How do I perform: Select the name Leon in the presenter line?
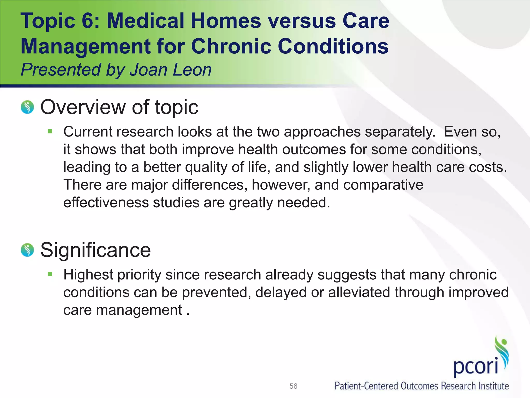coord(192,70)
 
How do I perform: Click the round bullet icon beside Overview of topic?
coord(27,107)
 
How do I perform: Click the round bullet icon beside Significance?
coord(27,250)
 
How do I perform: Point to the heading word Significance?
coord(95,250)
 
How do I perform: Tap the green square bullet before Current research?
coord(50,131)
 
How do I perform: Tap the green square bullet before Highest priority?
coord(50,274)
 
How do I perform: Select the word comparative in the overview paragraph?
coord(383,185)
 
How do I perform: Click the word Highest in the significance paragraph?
coord(88,275)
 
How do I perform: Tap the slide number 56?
coord(293,386)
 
